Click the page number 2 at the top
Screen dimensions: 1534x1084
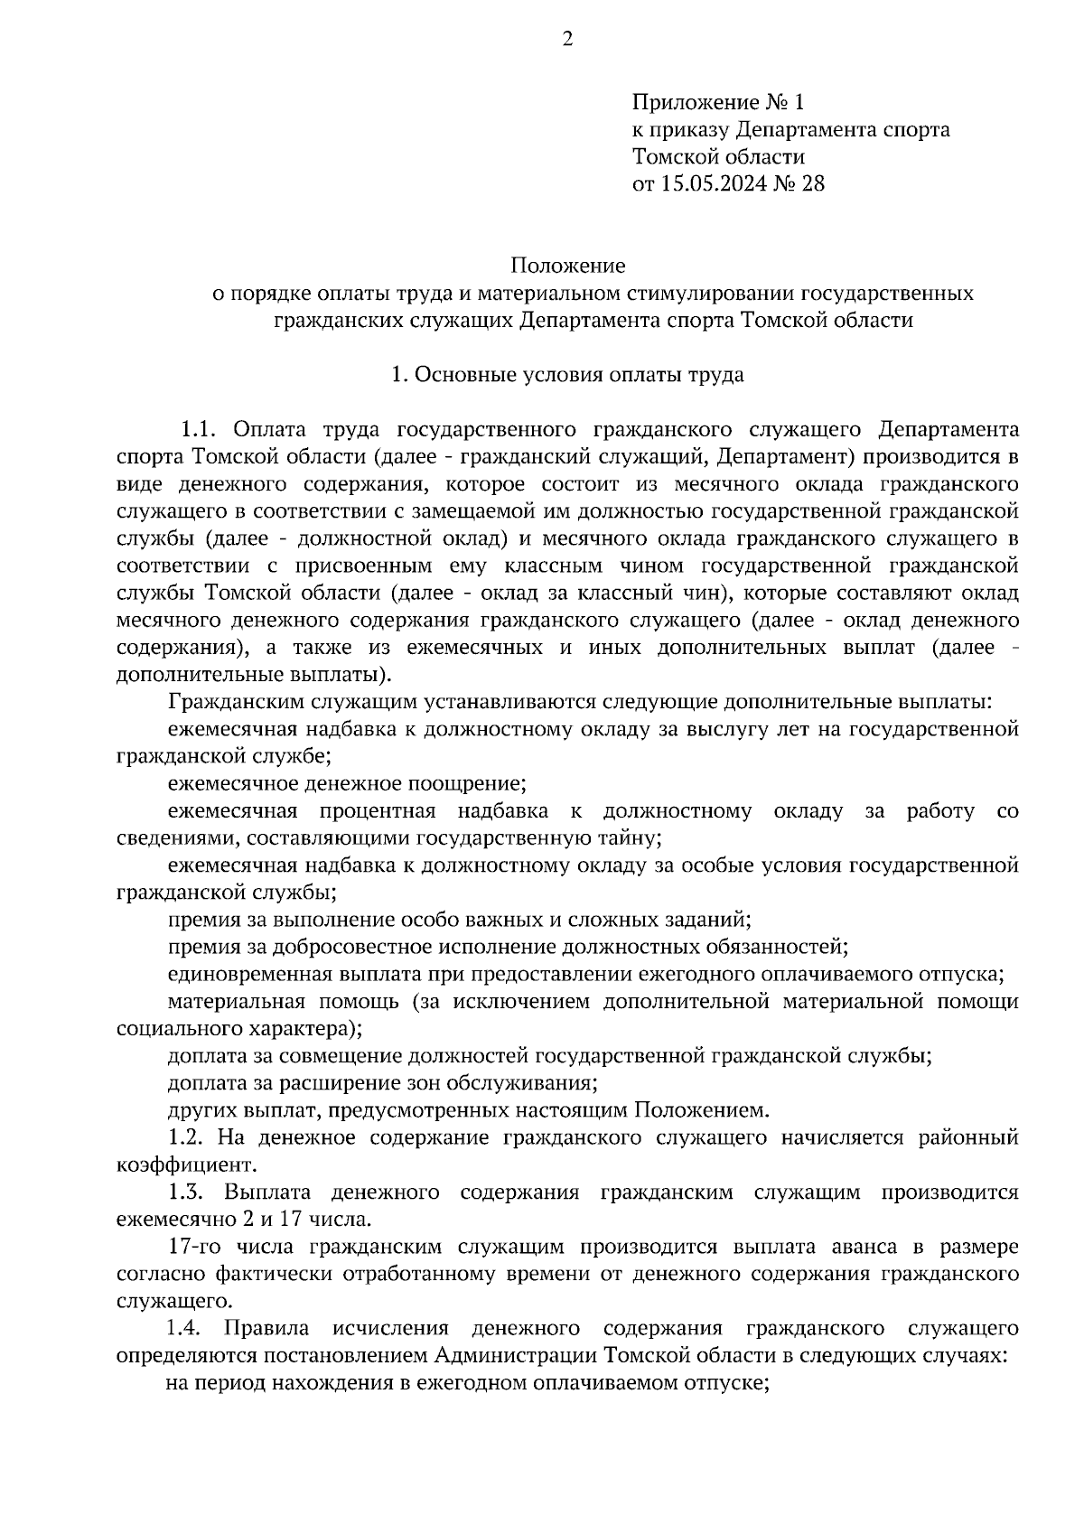point(567,39)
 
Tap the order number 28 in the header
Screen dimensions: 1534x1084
point(812,184)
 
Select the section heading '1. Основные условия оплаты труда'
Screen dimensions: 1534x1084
point(567,374)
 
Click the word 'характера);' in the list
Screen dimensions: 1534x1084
point(304,1029)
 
